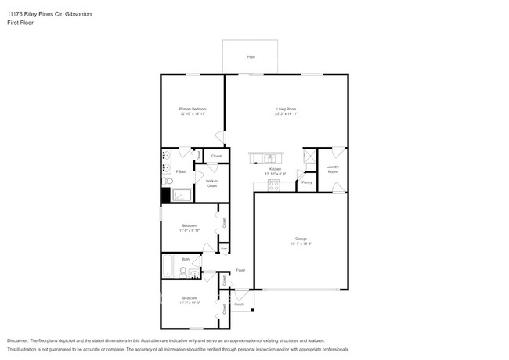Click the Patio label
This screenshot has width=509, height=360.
point(251,57)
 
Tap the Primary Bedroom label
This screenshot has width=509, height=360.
point(192,109)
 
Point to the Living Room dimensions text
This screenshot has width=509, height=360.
point(286,114)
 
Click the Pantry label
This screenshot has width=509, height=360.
point(306,182)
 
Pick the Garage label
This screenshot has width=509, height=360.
point(301,239)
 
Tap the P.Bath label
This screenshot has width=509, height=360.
point(180,171)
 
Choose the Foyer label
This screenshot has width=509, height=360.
point(240,270)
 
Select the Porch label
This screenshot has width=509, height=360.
point(239,304)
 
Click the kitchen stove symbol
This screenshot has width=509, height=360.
point(274,185)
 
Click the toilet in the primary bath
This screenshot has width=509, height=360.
point(166,181)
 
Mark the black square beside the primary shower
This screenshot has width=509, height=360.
point(165,196)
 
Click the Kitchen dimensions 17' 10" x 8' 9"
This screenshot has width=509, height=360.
point(275,174)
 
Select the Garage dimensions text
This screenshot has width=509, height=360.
point(301,244)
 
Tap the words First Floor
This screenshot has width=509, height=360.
point(21,23)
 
